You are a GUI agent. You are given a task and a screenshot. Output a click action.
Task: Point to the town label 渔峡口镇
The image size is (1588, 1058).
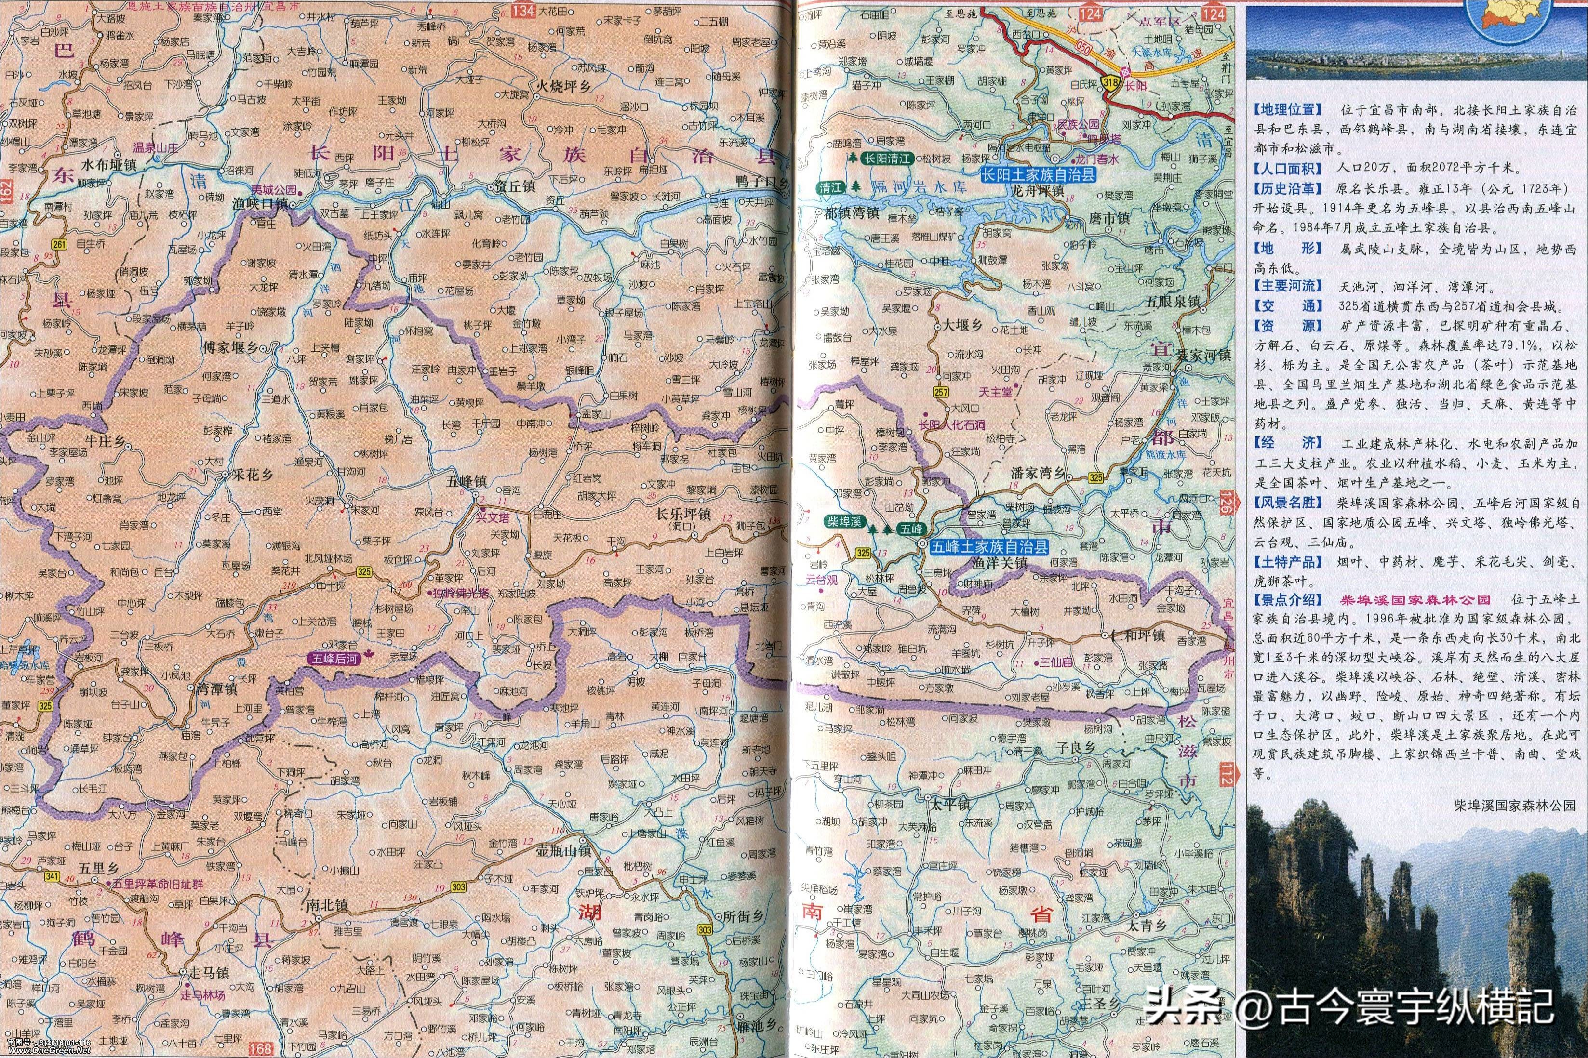point(261,204)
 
